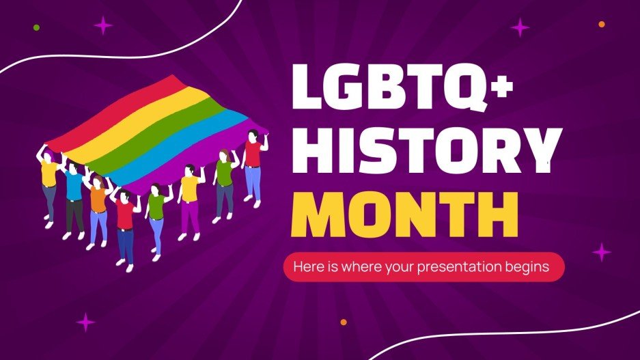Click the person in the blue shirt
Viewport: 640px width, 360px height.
(x=74, y=198)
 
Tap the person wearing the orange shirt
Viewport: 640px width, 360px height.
(x=98, y=208)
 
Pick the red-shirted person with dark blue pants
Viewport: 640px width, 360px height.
(x=125, y=225)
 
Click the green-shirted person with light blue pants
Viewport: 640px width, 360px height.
(x=156, y=215)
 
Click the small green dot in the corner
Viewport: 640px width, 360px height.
(x=36, y=28)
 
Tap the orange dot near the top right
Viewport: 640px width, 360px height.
(x=602, y=25)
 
